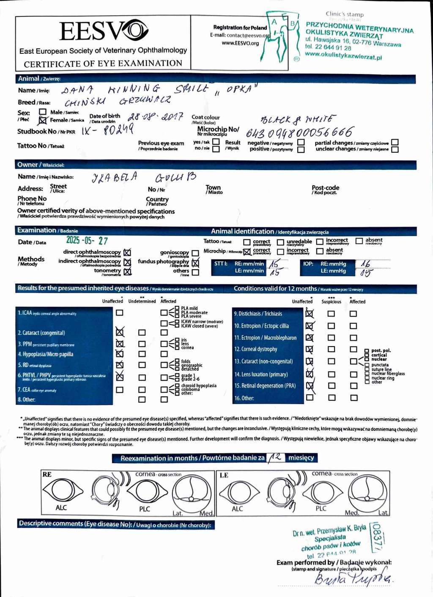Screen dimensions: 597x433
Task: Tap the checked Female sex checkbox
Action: pyautogui.click(x=43, y=120)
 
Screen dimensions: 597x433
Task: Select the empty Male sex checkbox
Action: pyautogui.click(x=43, y=112)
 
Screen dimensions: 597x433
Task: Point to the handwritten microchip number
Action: pyautogui.click(x=299, y=133)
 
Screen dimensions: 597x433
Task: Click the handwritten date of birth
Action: pyautogui.click(x=156, y=117)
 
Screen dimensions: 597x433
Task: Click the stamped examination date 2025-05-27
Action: pyautogui.click(x=87, y=240)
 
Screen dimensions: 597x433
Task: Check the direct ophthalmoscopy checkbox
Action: pyautogui.click(x=127, y=253)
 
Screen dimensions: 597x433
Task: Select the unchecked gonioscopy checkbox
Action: pyautogui.click(x=195, y=253)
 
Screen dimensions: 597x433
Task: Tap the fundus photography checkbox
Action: pyautogui.click(x=195, y=263)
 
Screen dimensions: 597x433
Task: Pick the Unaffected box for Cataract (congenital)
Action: pyautogui.click(x=120, y=332)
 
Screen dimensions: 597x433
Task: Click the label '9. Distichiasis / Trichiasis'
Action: pyautogui.click(x=258, y=314)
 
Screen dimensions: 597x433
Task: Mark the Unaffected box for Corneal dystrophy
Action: pyautogui.click(x=310, y=349)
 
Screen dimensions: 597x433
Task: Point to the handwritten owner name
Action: pyautogui.click(x=144, y=177)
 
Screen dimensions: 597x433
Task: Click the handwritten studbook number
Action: pyautogui.click(x=107, y=129)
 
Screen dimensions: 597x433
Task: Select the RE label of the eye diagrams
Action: pyautogui.click(x=47, y=474)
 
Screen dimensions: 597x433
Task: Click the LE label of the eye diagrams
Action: pyautogui.click(x=224, y=475)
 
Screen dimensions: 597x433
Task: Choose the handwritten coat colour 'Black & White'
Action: pyautogui.click(x=297, y=119)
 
